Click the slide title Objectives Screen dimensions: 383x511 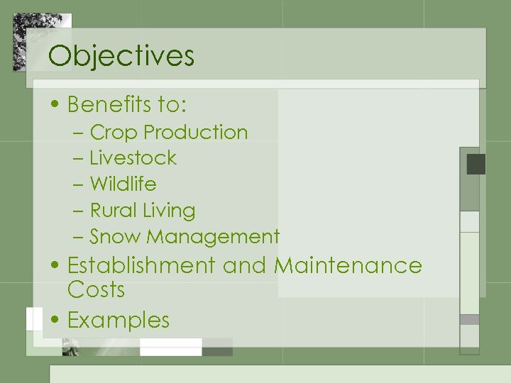click(121, 56)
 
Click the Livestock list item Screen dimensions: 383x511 click(133, 158)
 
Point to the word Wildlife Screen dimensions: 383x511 click(123, 184)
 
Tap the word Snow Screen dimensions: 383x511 click(115, 237)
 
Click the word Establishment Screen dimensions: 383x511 click(141, 265)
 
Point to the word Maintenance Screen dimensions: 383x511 click(348, 265)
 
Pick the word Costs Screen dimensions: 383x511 click(96, 290)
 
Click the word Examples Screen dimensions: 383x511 click(119, 321)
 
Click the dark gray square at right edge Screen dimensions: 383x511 click(476, 165)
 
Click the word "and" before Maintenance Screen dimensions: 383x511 click(244, 265)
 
